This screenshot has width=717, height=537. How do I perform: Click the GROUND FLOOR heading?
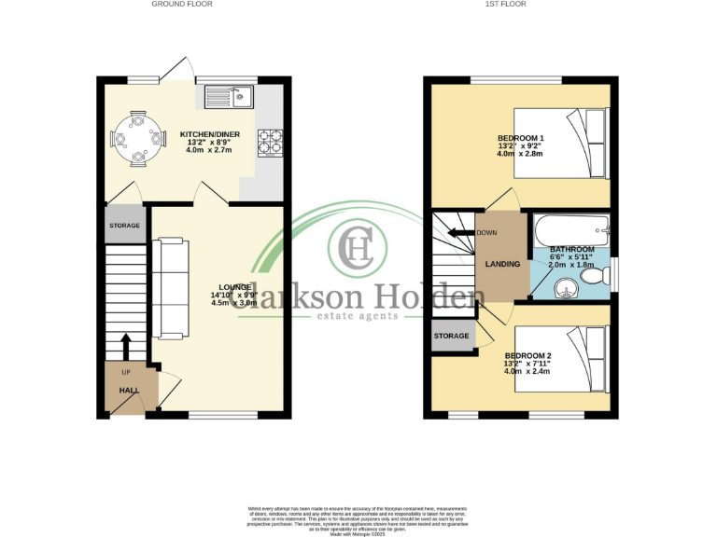click(182, 5)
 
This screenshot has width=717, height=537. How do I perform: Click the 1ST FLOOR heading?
click(505, 5)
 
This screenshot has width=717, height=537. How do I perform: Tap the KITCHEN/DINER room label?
click(210, 134)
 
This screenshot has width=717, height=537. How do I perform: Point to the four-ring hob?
click(270, 142)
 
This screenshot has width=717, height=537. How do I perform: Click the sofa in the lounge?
click(171, 290)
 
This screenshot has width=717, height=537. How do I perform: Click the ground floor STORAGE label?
click(124, 226)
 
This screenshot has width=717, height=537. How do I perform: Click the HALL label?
click(128, 391)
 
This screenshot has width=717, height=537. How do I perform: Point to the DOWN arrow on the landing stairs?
click(461, 233)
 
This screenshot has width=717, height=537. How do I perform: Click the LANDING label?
click(502, 265)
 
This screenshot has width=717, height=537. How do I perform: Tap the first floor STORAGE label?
click(451, 336)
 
